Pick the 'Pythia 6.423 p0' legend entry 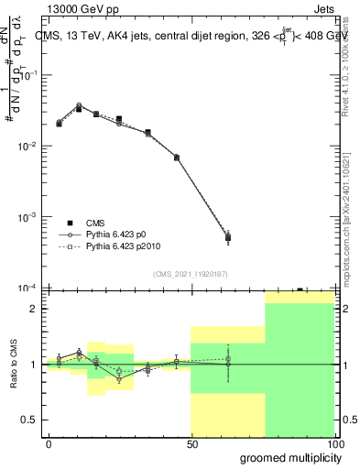tap(119, 235)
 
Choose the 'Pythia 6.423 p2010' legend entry tap(125, 247)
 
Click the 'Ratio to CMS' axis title tap(14, 365)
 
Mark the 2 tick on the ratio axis tap(33, 308)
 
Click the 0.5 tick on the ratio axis tap(28, 420)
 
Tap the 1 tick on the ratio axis tap(33, 365)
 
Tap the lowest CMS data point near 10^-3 tap(227, 238)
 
